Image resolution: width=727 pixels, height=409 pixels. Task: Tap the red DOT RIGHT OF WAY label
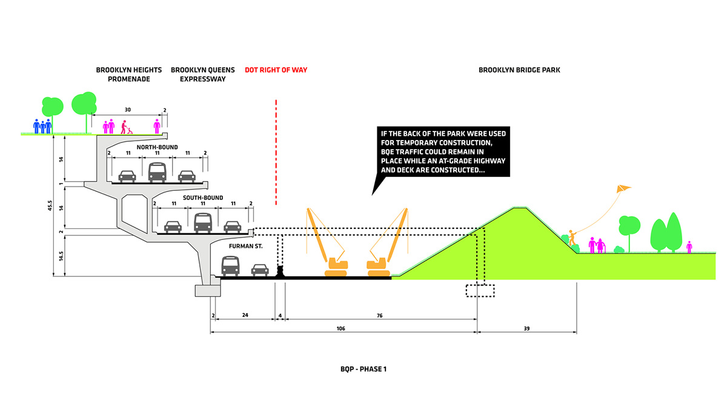tap(276, 70)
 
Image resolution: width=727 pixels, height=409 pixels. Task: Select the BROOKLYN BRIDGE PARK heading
tap(519, 70)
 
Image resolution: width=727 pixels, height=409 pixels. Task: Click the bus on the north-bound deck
tap(157, 172)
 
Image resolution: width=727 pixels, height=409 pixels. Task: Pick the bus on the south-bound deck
tap(202, 222)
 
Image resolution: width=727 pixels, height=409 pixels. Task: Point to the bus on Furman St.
tap(230, 265)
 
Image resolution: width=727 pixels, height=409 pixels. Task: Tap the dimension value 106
tap(344, 328)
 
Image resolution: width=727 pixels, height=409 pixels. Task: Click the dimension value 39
tap(526, 328)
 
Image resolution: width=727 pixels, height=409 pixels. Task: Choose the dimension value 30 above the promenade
tap(128, 110)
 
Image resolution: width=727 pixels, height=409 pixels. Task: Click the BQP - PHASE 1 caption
tap(363, 368)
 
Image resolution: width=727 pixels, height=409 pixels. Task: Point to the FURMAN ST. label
tap(245, 247)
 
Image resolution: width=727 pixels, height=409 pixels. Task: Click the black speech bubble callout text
tap(443, 151)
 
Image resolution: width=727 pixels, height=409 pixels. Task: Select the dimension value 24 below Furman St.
tap(245, 316)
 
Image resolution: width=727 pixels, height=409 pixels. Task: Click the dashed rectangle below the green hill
tap(479, 290)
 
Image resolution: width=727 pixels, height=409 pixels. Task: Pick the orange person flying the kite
tap(571, 238)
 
